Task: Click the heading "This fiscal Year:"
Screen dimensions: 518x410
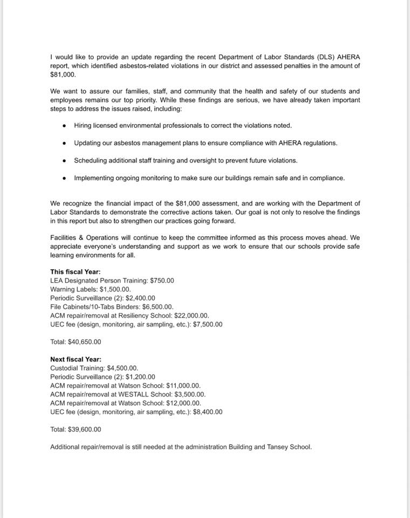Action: (x=76, y=272)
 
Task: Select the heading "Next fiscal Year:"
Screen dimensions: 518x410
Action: (x=76, y=359)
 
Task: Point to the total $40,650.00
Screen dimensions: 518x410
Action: (x=84, y=342)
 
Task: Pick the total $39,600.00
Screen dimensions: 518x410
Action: (x=84, y=430)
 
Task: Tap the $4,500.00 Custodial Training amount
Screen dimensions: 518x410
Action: (x=126, y=368)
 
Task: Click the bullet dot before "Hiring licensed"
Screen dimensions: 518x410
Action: (x=64, y=126)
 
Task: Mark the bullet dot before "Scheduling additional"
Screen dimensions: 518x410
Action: (x=64, y=161)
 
